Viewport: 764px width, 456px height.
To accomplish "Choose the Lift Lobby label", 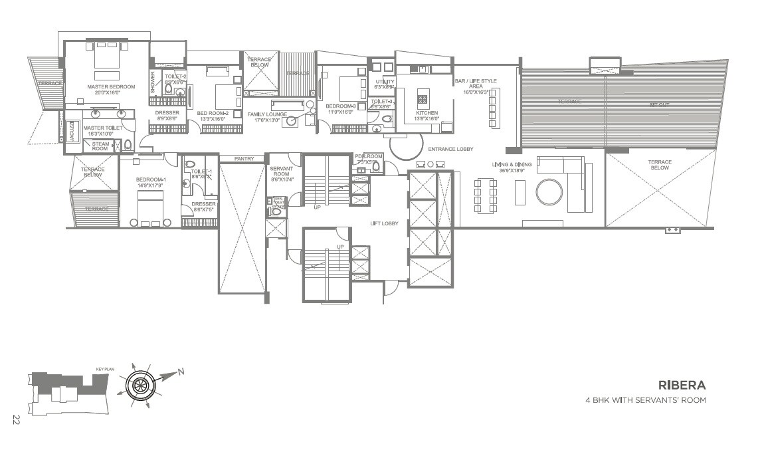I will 384,223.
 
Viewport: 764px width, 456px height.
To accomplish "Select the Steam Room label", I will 100,146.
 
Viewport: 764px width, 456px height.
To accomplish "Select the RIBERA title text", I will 682,385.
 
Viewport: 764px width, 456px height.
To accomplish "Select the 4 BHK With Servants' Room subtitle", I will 644,400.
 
